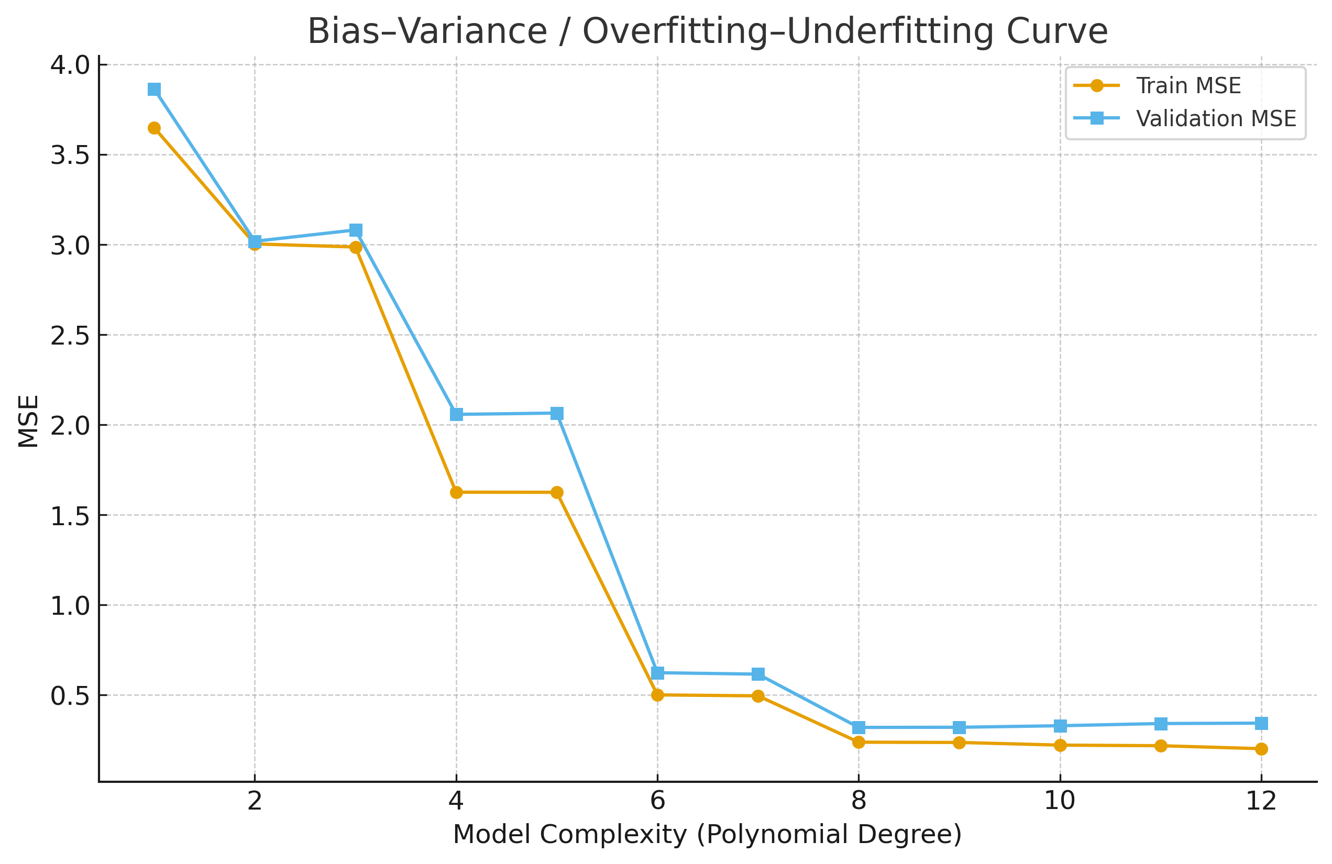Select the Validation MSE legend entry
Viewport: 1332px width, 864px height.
tap(1215, 119)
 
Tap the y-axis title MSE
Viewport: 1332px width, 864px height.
tap(28, 422)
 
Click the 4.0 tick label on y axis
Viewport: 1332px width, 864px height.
tap(70, 65)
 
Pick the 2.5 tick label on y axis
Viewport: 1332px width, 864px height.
tap(70, 335)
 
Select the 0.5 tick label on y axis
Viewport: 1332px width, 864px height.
tap(70, 695)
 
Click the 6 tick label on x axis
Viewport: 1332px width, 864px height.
tap(657, 801)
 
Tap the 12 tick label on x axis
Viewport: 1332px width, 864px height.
tap(1261, 801)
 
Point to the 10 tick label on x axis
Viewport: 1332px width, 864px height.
tap(1060, 801)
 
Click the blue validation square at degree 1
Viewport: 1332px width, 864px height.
tap(155, 90)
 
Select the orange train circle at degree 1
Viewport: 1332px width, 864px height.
tap(155, 128)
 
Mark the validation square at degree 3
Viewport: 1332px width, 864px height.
tap(355, 230)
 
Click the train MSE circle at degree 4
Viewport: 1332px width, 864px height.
tap(456, 492)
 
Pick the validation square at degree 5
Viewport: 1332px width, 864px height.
tap(557, 414)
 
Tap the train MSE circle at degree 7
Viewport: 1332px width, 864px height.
tap(758, 696)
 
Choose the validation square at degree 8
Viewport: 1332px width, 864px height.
tap(858, 727)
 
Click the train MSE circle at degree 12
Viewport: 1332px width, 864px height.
tap(1261, 749)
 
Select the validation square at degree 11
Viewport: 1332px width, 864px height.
tap(1161, 724)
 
